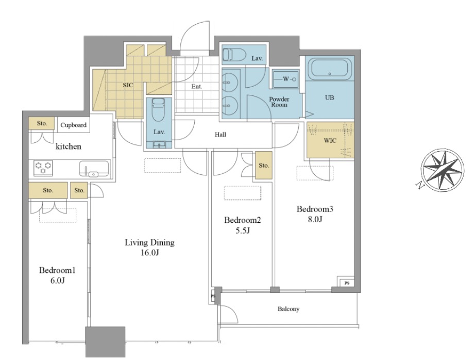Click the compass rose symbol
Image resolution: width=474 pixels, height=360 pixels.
442,171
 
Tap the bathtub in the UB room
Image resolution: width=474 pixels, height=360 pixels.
330,69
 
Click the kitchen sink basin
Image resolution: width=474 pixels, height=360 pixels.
94,169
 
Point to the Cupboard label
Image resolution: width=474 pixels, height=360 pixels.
74,125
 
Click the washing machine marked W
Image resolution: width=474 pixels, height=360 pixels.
285,79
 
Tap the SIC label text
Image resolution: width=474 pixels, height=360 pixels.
128,85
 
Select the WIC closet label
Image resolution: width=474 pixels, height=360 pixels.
330,141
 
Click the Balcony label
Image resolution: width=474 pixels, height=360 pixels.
289,309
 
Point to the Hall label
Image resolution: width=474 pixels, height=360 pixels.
221,135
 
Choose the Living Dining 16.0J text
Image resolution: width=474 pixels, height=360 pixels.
149,247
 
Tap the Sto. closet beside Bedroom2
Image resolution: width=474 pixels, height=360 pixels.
264,166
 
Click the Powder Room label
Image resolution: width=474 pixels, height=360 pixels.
279,102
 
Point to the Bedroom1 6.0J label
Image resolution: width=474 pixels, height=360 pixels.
57,275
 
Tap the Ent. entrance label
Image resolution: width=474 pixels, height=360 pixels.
197,87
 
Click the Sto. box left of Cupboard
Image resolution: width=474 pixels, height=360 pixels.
42,123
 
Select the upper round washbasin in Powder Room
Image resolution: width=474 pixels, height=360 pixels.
230,83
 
